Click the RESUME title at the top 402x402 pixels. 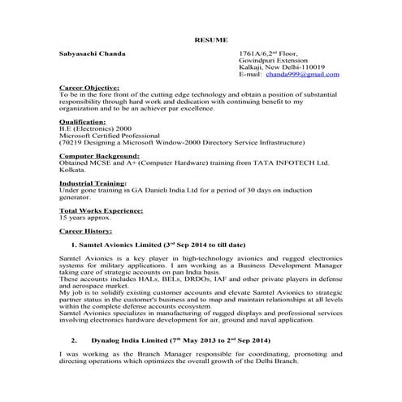tap(211, 39)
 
